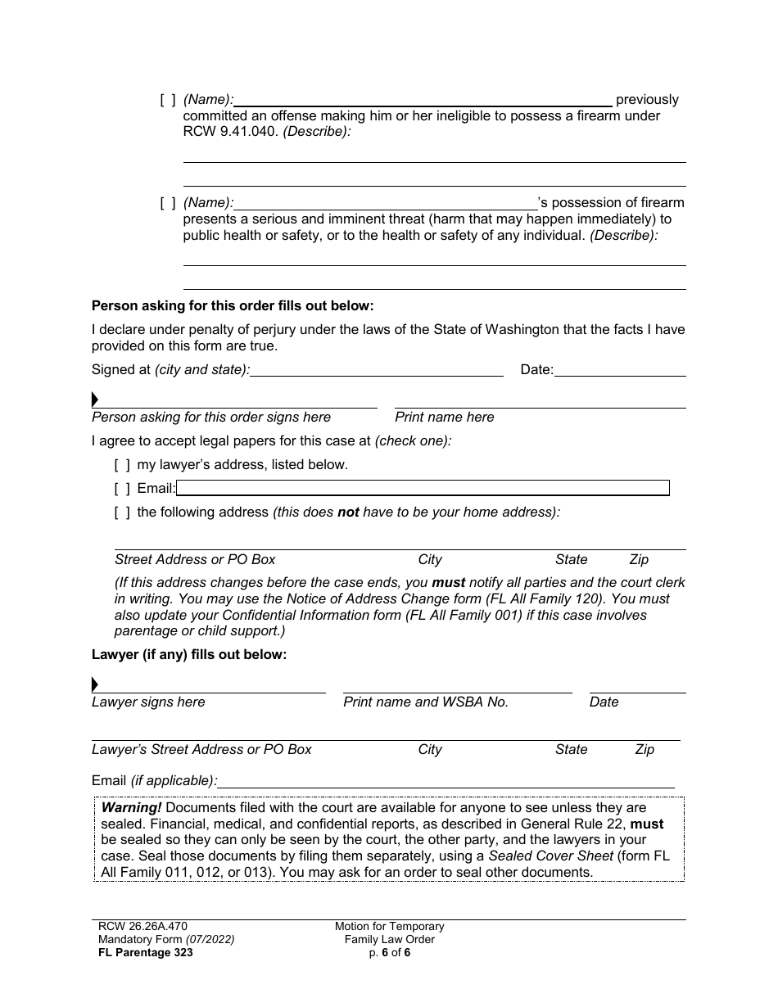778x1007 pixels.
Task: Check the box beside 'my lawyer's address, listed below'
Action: point(122,465)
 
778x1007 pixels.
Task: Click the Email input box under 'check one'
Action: point(423,489)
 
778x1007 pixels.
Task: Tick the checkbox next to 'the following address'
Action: point(122,513)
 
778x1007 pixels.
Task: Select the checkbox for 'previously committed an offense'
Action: point(168,100)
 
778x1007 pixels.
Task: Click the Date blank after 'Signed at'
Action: point(619,370)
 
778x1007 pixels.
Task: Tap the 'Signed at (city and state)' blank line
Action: point(377,370)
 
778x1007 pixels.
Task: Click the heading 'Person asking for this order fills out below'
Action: point(233,306)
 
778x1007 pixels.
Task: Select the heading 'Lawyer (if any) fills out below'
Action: point(189,655)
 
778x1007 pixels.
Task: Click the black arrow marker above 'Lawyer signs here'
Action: point(95,684)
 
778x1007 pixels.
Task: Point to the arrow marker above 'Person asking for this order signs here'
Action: point(95,400)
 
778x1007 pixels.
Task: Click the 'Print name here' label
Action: point(445,418)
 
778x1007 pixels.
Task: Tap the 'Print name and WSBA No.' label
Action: point(426,702)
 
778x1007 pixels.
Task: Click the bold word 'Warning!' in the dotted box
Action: point(131,808)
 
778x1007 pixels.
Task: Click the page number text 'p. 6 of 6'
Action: point(389,953)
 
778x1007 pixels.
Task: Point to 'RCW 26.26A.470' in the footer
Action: point(133,927)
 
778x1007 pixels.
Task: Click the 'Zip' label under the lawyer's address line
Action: point(645,750)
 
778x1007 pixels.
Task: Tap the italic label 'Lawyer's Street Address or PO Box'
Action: point(201,750)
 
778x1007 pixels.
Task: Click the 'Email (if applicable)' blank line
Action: point(446,780)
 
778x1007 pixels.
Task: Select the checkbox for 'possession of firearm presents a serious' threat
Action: point(168,203)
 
